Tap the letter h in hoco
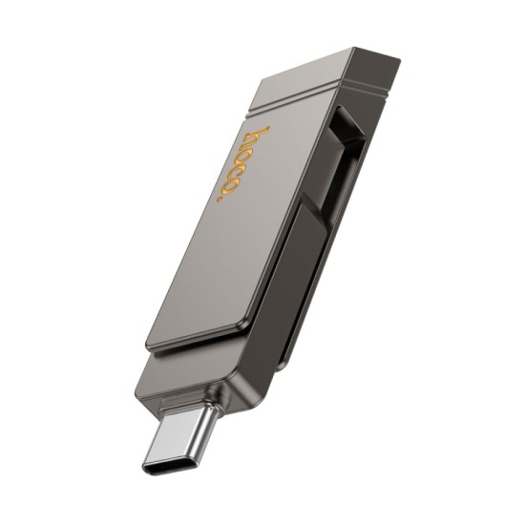[258, 136]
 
